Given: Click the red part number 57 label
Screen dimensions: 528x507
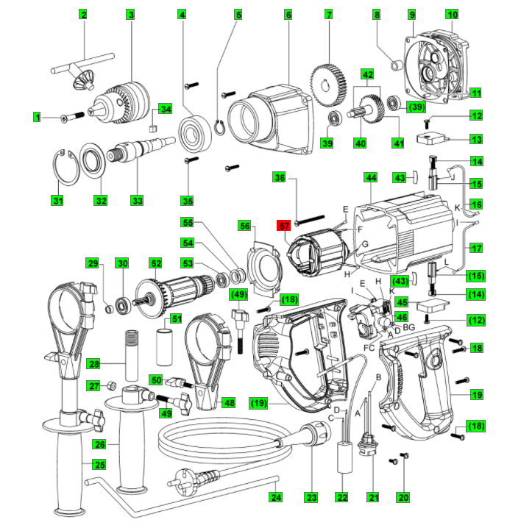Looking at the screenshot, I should tap(284, 226).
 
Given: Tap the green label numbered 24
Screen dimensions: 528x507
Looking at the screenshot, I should tap(275, 498).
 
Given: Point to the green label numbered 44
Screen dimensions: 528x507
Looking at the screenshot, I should tap(370, 178).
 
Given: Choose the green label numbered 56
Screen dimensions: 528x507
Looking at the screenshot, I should tap(245, 226).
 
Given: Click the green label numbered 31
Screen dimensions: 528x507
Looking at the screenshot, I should tap(58, 200).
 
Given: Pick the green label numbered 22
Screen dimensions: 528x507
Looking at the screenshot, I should tap(341, 498).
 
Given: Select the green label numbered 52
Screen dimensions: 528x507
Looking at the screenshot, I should tap(155, 263).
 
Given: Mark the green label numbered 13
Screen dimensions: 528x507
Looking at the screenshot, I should tap(476, 139).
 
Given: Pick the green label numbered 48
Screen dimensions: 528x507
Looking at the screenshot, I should tap(230, 402).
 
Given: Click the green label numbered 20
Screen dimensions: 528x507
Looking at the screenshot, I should tap(403, 498).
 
